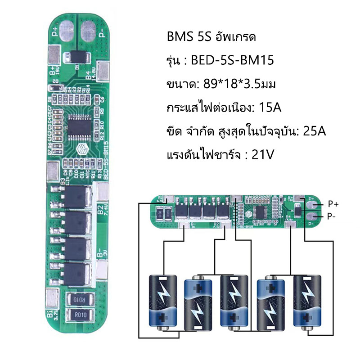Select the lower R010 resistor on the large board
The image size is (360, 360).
tap(80, 315)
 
